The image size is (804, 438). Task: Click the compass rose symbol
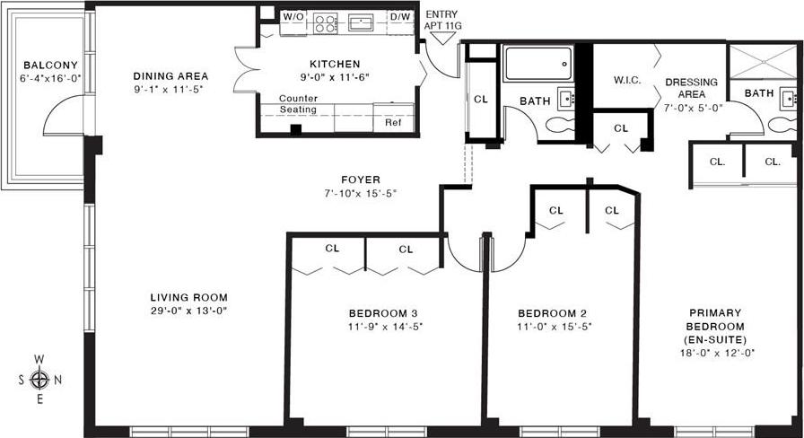[x=39, y=378]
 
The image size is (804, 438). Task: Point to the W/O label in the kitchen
[x=293, y=17]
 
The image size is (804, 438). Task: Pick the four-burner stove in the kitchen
[x=325, y=23]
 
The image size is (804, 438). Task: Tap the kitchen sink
[x=361, y=22]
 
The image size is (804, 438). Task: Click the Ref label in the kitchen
[x=393, y=123]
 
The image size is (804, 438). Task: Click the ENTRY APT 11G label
[x=441, y=21]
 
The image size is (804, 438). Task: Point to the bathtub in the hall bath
[x=537, y=64]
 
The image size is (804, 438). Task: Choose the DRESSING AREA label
[x=691, y=88]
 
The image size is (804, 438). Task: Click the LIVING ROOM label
[x=188, y=297]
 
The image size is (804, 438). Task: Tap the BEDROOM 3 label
[x=385, y=313]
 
